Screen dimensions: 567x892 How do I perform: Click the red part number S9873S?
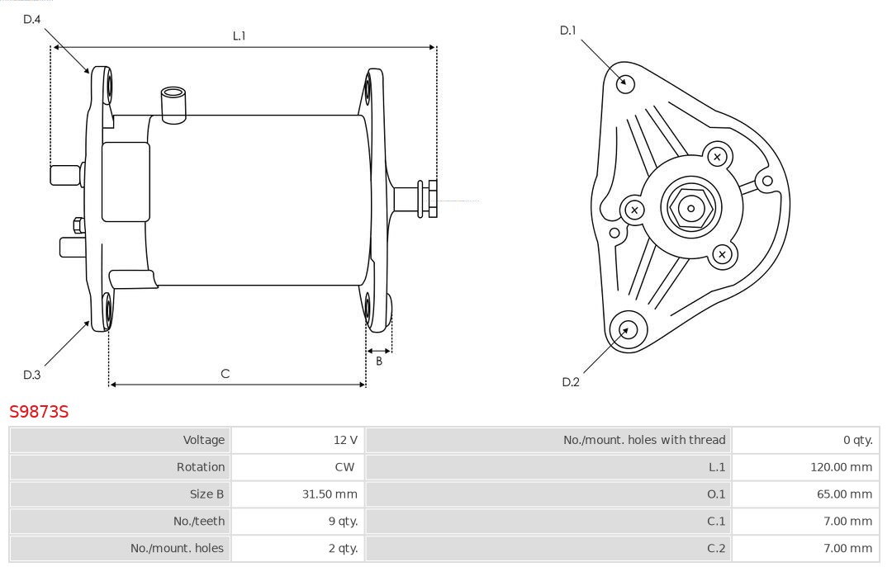pyautogui.click(x=39, y=411)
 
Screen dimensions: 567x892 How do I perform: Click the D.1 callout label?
pyautogui.click(x=568, y=31)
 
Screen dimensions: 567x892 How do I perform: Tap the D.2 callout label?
pyautogui.click(x=571, y=381)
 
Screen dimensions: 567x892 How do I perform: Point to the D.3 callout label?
pyautogui.click(x=32, y=375)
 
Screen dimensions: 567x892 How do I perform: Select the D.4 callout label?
pyautogui.click(x=32, y=19)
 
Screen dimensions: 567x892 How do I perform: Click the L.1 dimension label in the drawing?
pyautogui.click(x=239, y=35)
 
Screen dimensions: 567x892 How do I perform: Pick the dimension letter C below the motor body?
pyautogui.click(x=225, y=374)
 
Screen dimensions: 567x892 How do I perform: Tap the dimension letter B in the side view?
pyautogui.click(x=379, y=361)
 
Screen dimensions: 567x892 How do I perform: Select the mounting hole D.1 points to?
pyautogui.click(x=626, y=83)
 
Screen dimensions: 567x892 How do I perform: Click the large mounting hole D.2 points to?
pyautogui.click(x=626, y=330)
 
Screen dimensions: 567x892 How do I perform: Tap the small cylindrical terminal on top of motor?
pyautogui.click(x=173, y=103)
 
